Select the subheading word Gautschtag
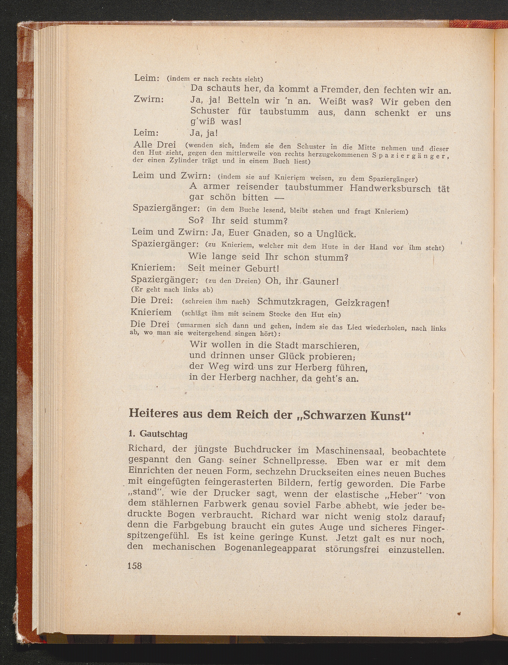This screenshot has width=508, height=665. click(x=163, y=434)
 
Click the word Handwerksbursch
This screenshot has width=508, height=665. click(x=390, y=188)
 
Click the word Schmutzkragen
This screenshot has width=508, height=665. click(x=289, y=302)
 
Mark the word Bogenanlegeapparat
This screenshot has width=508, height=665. click(x=270, y=548)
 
